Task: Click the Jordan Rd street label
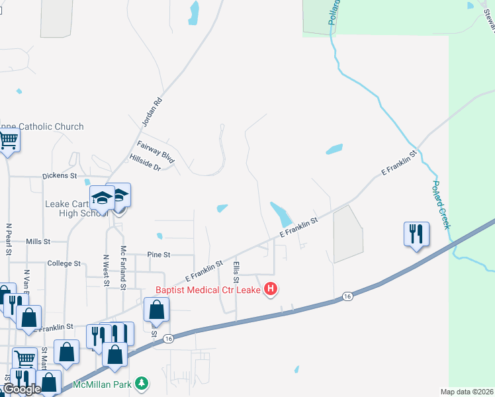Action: (x=152, y=113)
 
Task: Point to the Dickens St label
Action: (x=60, y=177)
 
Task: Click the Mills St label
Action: (x=38, y=242)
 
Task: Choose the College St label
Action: (x=64, y=263)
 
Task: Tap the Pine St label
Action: (x=159, y=254)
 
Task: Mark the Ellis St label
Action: (x=236, y=272)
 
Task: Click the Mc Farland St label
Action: (x=123, y=269)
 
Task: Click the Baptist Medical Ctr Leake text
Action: (x=208, y=289)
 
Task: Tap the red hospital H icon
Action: (x=270, y=289)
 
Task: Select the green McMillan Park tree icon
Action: (x=141, y=383)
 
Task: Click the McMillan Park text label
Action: (x=103, y=384)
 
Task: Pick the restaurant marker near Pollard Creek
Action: (x=416, y=234)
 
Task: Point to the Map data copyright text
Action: (x=467, y=392)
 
